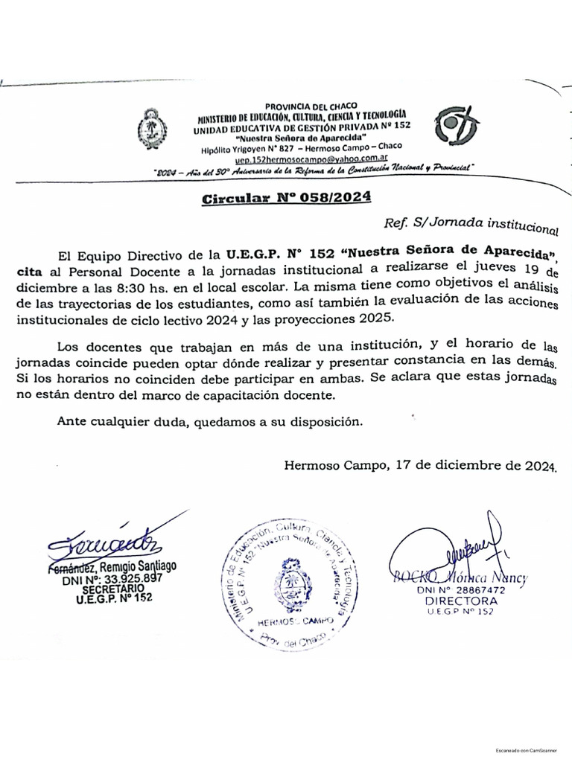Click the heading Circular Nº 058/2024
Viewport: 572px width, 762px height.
286,198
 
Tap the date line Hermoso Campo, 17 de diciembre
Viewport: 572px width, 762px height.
420,467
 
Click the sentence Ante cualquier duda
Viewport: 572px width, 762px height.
210,421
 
